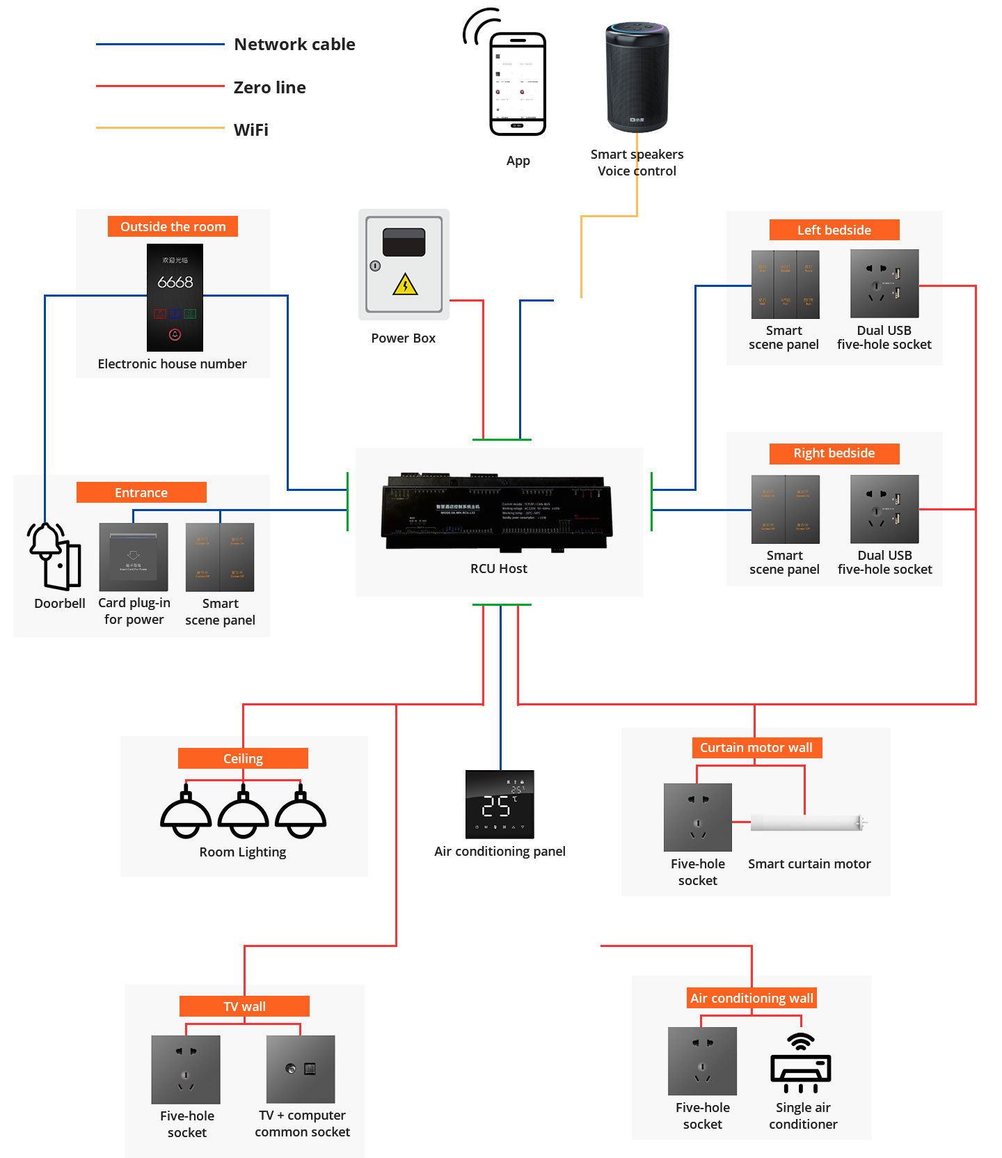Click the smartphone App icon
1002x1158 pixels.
(517, 84)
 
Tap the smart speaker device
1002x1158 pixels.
(637, 77)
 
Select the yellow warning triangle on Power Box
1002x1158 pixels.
(405, 285)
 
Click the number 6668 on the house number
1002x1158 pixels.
(175, 282)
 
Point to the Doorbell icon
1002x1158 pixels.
(54, 556)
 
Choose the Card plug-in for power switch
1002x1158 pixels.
(134, 557)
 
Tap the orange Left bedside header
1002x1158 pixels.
(834, 230)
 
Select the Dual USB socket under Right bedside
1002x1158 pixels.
(884, 509)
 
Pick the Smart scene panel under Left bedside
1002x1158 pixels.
(785, 284)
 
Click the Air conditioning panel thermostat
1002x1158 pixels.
(500, 804)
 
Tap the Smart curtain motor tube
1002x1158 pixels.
(807, 823)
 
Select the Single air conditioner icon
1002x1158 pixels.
(801, 1063)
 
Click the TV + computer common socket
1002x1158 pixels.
(301, 1069)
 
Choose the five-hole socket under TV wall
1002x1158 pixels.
(186, 1069)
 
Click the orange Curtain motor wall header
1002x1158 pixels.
(756, 747)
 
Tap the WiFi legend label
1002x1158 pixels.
(251, 130)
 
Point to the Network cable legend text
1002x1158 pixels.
(294, 45)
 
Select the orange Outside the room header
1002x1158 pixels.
(173, 226)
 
